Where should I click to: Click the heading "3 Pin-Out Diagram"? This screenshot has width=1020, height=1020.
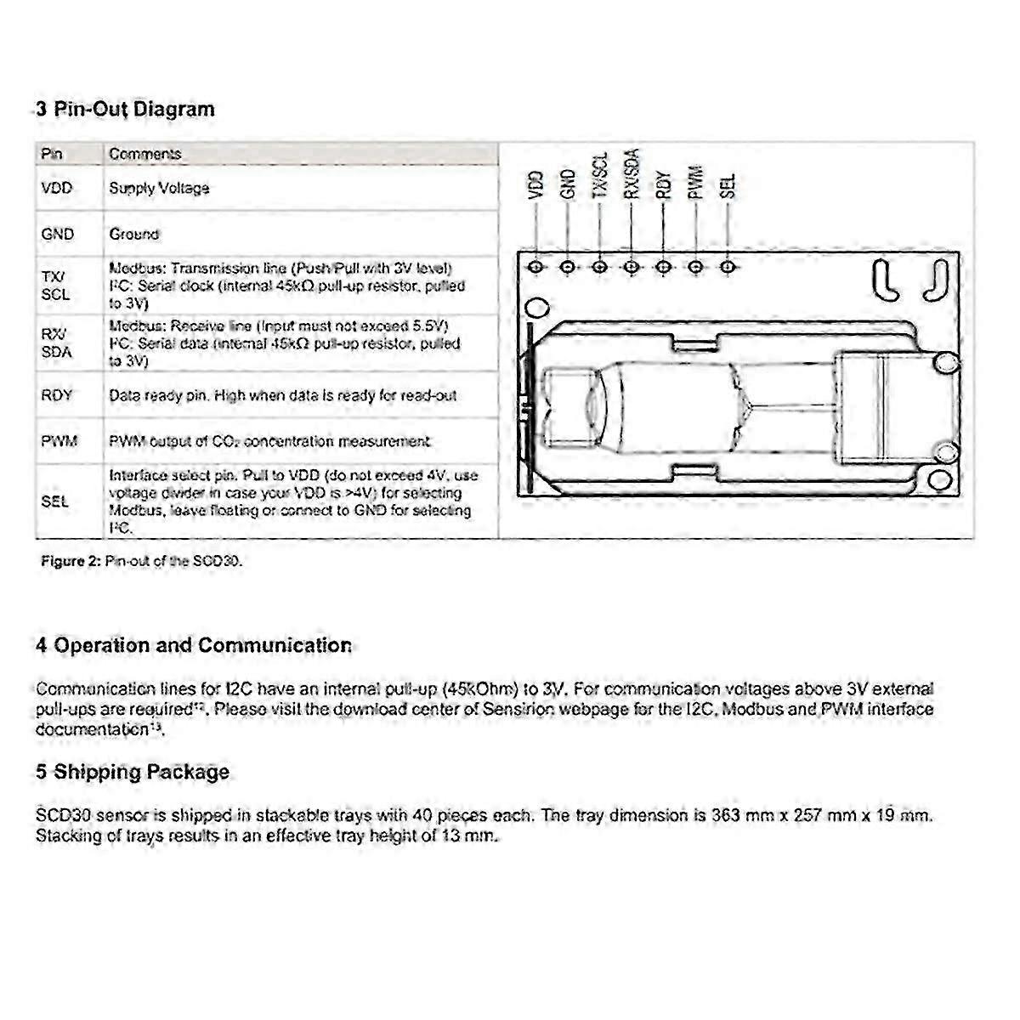pyautogui.click(x=125, y=110)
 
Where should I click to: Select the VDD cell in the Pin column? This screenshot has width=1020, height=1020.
pyautogui.click(x=56, y=188)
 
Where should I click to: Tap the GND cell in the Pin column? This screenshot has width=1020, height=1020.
pyautogui.click(x=57, y=234)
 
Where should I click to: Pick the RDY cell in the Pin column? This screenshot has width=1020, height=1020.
pyautogui.click(x=56, y=395)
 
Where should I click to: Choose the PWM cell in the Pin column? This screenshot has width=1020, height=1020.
pyautogui.click(x=58, y=441)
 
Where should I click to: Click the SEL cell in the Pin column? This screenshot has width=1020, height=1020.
pyautogui.click(x=54, y=501)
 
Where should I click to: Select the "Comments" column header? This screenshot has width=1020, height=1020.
pyautogui.click(x=144, y=154)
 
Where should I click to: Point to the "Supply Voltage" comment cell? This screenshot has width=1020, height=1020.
pyautogui.click(x=159, y=188)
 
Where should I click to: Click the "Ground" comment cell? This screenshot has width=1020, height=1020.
pyautogui.click(x=133, y=234)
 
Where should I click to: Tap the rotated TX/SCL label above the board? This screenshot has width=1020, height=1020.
pyautogui.click(x=600, y=177)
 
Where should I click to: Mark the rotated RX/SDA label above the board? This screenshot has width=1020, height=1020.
pyautogui.click(x=632, y=174)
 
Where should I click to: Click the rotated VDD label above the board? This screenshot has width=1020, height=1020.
pyautogui.click(x=535, y=185)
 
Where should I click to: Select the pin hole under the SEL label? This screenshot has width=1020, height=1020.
pyautogui.click(x=727, y=267)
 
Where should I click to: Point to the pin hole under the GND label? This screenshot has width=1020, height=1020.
pyautogui.click(x=568, y=267)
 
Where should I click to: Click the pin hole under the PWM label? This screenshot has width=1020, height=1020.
pyautogui.click(x=695, y=267)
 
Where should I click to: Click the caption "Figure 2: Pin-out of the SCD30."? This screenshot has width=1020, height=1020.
pyautogui.click(x=142, y=562)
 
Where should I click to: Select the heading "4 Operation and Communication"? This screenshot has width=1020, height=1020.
pyautogui.click(x=194, y=645)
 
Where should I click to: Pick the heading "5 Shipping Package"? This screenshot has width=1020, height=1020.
pyautogui.click(x=133, y=773)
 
